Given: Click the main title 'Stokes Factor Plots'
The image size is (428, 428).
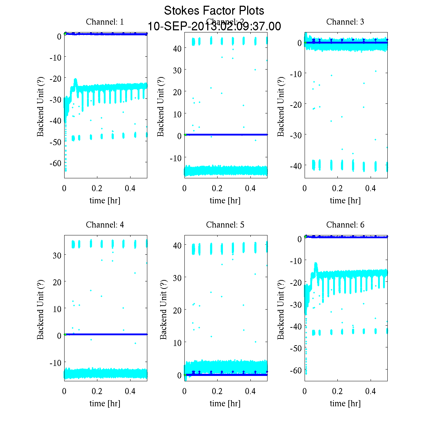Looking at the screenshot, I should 214,11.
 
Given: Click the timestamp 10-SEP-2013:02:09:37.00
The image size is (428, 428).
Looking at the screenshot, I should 214,26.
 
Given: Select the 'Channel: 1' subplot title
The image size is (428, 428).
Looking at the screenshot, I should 105,22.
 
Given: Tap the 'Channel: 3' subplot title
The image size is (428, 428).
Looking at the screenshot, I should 345,22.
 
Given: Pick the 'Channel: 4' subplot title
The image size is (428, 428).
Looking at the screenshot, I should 105,225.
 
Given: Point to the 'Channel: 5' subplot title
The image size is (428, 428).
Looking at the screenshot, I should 225,225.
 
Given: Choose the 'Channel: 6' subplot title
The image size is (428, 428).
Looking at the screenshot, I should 345,225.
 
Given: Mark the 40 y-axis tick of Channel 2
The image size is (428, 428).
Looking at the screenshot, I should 177,48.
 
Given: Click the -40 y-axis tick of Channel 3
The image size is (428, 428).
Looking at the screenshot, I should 297,166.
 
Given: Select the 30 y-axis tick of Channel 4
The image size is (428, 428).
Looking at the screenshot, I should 57,255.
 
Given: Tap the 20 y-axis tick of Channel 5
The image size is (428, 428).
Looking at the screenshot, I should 177,310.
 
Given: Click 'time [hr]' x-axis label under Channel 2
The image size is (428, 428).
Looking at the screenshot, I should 225,200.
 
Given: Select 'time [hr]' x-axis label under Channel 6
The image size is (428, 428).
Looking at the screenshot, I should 345,403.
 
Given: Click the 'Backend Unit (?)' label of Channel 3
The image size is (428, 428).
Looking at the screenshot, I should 281,106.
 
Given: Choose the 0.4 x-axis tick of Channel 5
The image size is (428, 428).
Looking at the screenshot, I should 251,391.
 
